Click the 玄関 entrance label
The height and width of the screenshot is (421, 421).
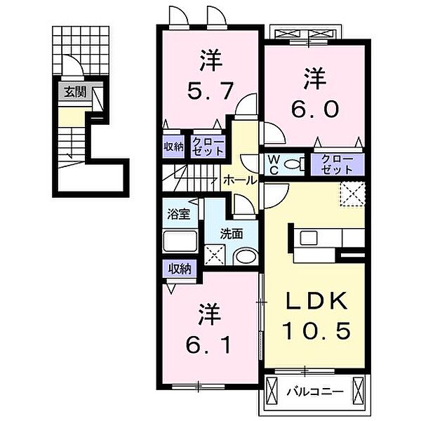click(75, 93)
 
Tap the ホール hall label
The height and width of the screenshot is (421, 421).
click(240, 180)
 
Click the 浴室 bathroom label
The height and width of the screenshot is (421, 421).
click(178, 214)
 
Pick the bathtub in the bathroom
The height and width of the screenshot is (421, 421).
click(180, 241)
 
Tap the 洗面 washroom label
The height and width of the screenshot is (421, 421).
click(232, 234)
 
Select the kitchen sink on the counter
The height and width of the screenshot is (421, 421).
click(309, 238)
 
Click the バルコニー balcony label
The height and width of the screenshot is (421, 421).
click(315, 392)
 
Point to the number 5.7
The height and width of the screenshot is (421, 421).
click(210, 91)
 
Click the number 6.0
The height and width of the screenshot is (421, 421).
click(314, 109)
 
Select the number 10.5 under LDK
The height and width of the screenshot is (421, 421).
click(316, 330)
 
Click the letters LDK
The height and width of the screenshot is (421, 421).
click(316, 301)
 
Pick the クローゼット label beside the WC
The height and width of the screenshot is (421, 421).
click(338, 164)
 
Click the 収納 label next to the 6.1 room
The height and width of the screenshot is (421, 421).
click(180, 269)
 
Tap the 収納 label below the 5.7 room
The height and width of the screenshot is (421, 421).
click(173, 147)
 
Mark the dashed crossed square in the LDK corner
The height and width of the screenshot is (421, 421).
click(352, 194)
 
